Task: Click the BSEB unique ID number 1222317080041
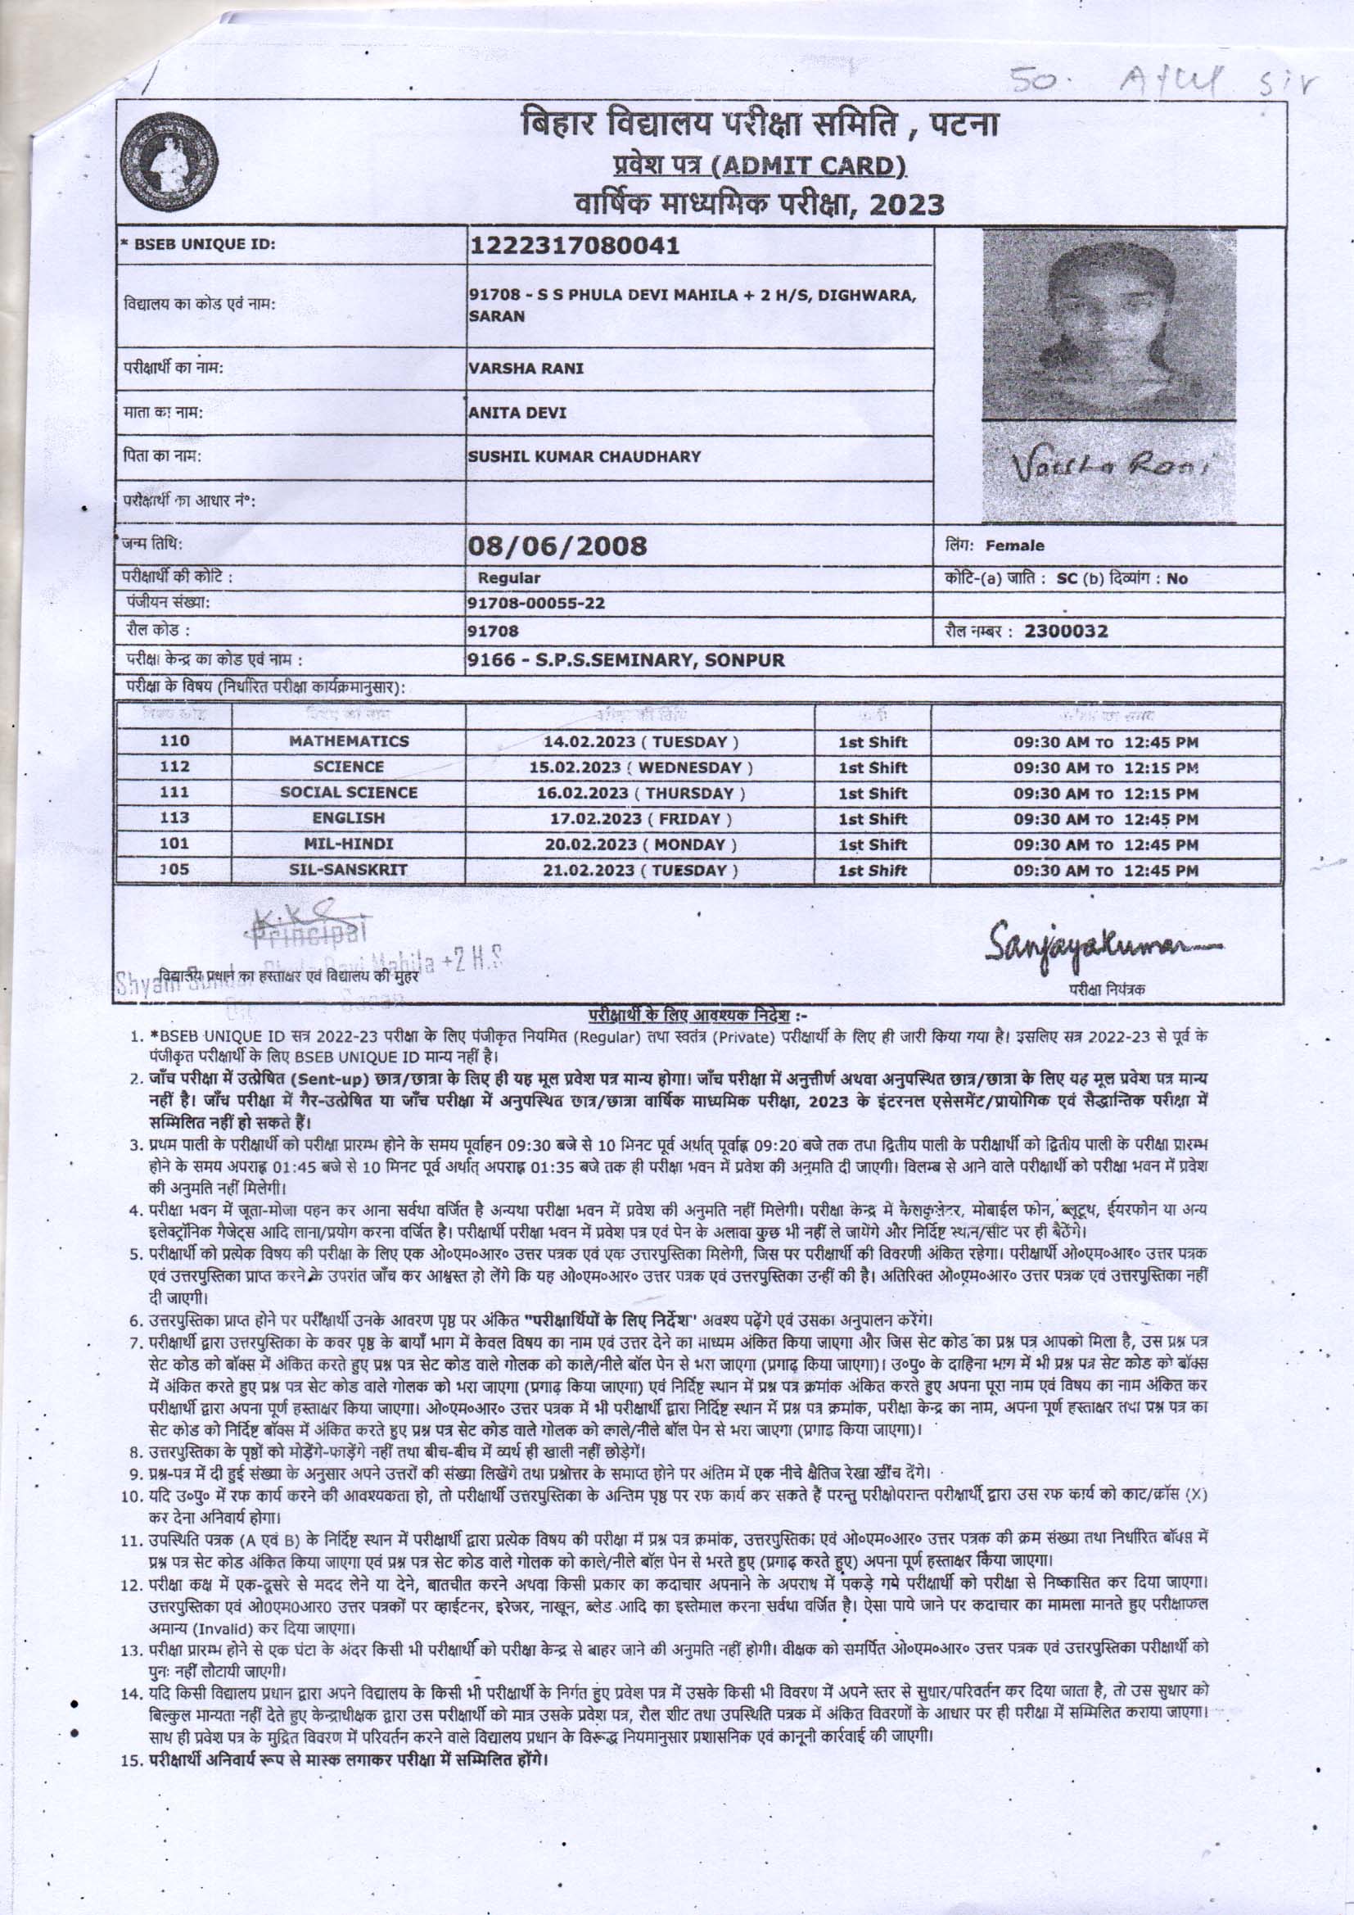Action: [575, 246]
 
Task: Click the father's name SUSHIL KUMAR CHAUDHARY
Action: [584, 456]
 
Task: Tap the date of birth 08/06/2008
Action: [557, 546]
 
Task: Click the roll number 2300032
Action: [1067, 631]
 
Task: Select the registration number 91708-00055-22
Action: [536, 603]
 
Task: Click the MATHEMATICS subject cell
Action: [349, 740]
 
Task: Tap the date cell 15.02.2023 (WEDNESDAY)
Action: [642, 767]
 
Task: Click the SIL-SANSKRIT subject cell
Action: [349, 870]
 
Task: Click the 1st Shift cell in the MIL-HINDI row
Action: [872, 844]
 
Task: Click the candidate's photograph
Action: [1108, 325]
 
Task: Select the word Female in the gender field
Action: [1014, 546]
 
